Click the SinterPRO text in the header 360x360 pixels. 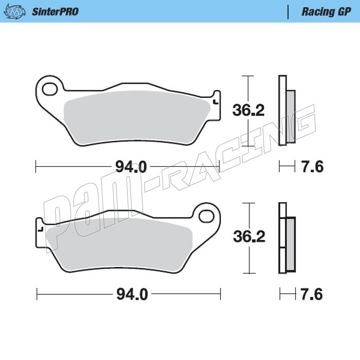[x=55, y=12]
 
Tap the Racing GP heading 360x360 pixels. [x=326, y=12]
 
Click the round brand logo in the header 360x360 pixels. [x=14, y=12]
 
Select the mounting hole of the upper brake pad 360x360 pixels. [x=50, y=89]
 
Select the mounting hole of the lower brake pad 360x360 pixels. [x=206, y=216]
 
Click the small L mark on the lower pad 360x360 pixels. [x=40, y=229]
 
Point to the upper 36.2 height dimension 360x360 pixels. [x=248, y=110]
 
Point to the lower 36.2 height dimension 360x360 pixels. [x=249, y=237]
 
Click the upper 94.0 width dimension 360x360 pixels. [x=131, y=166]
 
